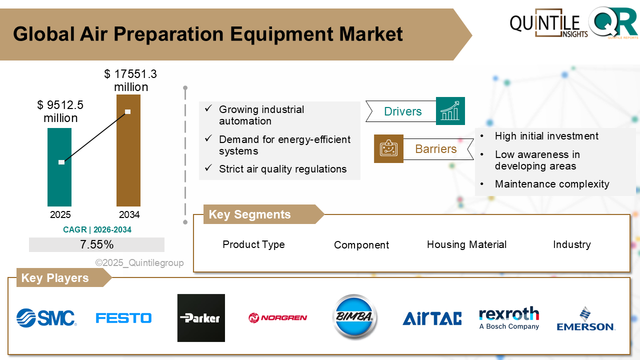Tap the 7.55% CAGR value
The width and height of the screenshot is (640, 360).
point(96,244)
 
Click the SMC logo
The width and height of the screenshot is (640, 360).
point(46,318)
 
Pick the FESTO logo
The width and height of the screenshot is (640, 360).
point(123,318)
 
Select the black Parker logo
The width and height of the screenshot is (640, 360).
point(201,318)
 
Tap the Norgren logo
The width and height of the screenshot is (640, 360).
point(278,317)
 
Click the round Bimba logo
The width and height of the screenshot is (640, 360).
point(355,317)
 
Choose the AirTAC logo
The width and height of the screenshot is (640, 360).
point(432,318)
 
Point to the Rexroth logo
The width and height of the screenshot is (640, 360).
point(509,318)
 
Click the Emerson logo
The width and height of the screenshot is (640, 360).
point(586,319)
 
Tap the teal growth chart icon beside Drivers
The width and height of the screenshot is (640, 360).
point(450,111)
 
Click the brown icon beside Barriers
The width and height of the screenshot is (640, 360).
point(388,148)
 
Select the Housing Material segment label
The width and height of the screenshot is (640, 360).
point(466,244)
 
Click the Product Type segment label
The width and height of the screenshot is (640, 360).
point(253,244)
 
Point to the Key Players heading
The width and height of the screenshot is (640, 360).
point(55,278)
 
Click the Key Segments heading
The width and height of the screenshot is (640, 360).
point(249,214)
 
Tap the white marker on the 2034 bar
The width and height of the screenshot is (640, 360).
point(127,111)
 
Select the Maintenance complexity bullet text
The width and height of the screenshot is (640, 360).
point(552,184)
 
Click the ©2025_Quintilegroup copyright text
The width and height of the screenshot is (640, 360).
point(139,263)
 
